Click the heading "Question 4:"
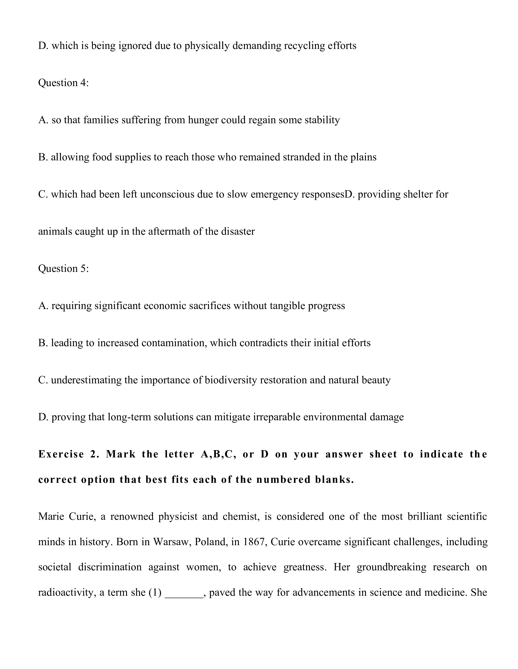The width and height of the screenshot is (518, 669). pyautogui.click(x=63, y=83)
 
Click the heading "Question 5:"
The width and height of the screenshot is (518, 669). pyautogui.click(x=63, y=268)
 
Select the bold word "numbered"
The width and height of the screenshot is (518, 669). pyautogui.click(x=284, y=479)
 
